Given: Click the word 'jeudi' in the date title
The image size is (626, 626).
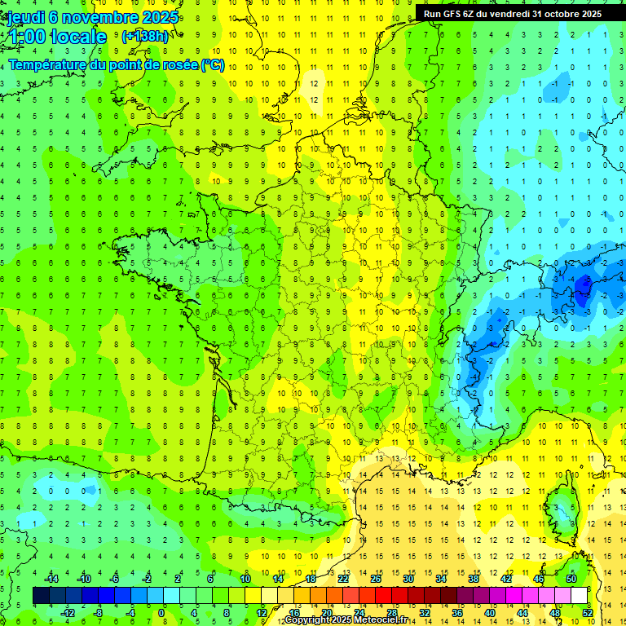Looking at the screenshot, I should pos(25,18).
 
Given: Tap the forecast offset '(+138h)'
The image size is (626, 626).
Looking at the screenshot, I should pos(144,36).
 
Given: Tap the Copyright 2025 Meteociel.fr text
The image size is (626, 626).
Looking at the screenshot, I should pos(346,620).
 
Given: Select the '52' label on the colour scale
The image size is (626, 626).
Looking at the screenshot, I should pos(587,613).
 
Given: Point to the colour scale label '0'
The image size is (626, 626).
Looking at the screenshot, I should pos(161,613).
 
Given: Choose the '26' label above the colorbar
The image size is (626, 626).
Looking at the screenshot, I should pos(376,579).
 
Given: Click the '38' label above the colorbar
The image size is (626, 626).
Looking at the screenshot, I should pos(474,579).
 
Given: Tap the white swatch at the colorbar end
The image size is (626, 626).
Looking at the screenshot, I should pos(580,596).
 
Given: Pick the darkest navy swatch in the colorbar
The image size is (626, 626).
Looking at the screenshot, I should pos(42,596).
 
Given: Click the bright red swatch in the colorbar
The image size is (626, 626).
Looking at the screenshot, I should pos(384,596).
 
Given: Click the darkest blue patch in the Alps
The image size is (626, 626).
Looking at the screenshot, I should pos(583,285).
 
